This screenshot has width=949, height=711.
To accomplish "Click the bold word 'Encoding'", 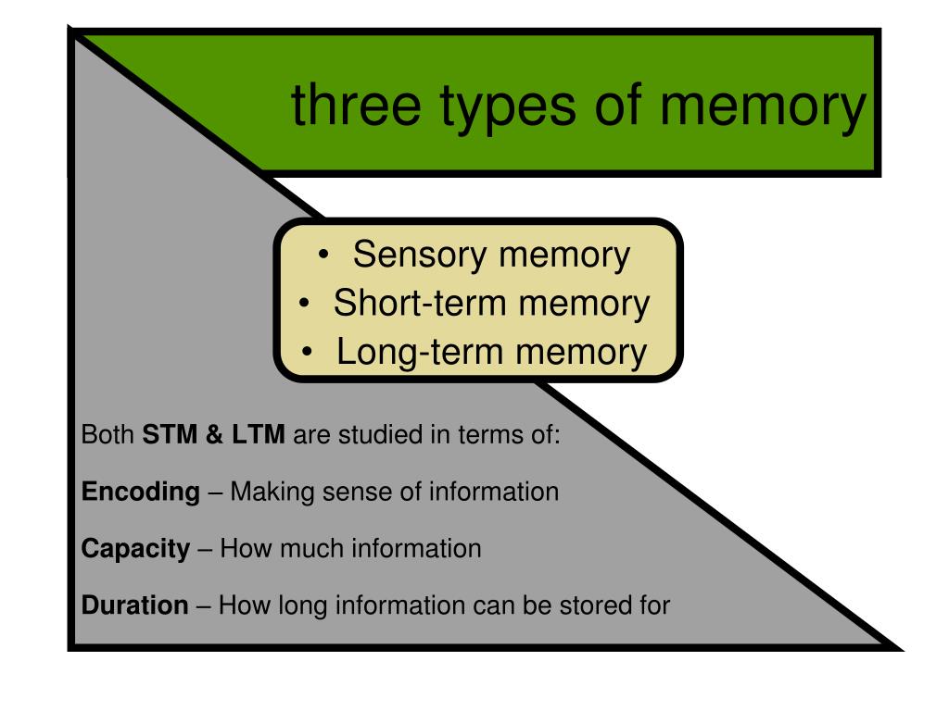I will (141, 492).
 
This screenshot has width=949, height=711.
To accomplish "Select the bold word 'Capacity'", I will (135, 549).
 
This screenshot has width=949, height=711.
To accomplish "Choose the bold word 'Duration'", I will (135, 605).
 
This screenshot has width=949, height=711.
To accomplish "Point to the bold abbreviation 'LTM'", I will (259, 434).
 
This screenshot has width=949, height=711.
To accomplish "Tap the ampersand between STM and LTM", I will (215, 434).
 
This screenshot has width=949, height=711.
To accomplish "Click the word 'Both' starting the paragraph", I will (108, 434).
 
